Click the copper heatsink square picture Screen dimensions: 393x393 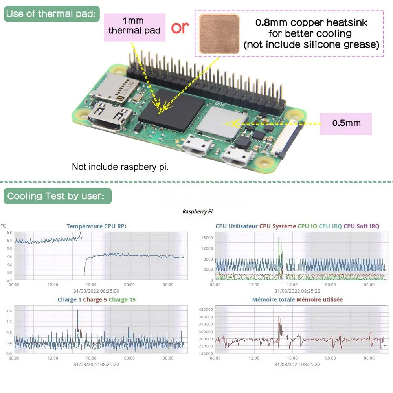click(219, 34)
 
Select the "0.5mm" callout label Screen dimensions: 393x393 click(346, 123)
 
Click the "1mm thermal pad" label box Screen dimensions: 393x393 click(134, 26)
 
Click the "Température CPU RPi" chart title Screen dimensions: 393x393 click(96, 226)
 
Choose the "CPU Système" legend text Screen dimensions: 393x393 click(277, 226)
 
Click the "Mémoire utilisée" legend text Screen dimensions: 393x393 click(320, 299)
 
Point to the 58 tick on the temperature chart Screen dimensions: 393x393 click(9, 232)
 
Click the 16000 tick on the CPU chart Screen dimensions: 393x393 click(207, 237)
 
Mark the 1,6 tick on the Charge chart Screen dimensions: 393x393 click(9, 311)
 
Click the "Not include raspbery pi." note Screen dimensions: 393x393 click(120, 167)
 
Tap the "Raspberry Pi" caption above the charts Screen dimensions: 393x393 click(197, 211)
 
